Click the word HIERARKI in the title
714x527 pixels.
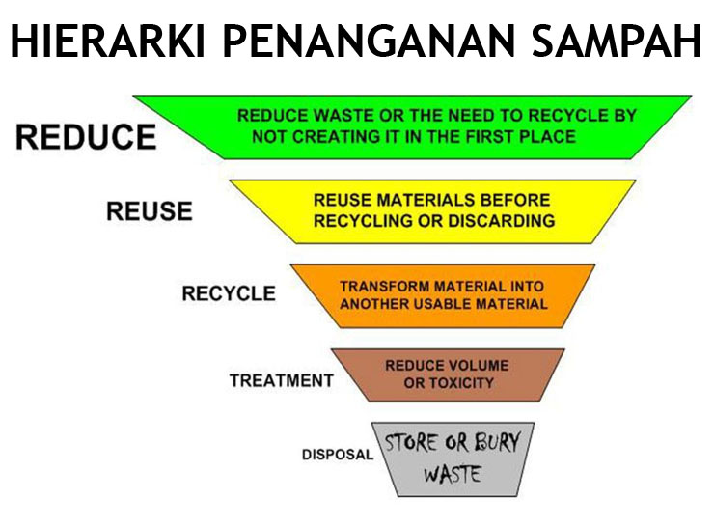tap(107, 41)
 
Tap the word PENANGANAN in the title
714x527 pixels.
tap(368, 41)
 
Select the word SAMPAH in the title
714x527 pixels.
tap(617, 41)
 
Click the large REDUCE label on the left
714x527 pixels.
tap(86, 137)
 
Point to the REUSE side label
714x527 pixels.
tap(150, 210)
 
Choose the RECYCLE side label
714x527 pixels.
tap(229, 293)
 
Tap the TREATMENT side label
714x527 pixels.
tap(282, 380)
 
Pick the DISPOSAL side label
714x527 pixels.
tap(338, 454)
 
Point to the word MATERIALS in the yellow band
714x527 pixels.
tap(426, 200)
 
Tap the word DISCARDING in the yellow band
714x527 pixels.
tap(501, 221)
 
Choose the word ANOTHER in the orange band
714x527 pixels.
tap(371, 304)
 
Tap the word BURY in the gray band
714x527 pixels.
tap(497, 442)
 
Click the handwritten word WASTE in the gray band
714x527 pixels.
tap(453, 474)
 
